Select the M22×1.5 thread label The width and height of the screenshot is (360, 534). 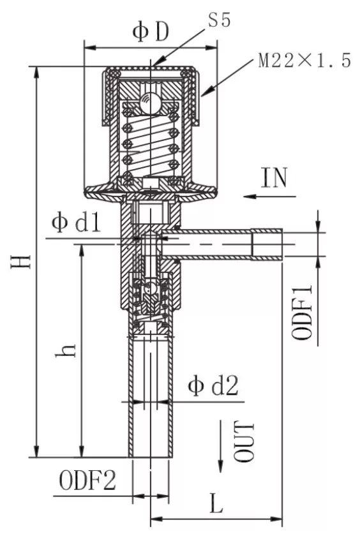[304, 61]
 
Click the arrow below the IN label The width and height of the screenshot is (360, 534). [270, 196]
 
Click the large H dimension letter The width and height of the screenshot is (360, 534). [21, 262]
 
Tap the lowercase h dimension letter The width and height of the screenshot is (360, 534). [66, 351]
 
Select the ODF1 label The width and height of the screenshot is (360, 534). [302, 312]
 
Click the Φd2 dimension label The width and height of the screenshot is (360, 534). [213, 385]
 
